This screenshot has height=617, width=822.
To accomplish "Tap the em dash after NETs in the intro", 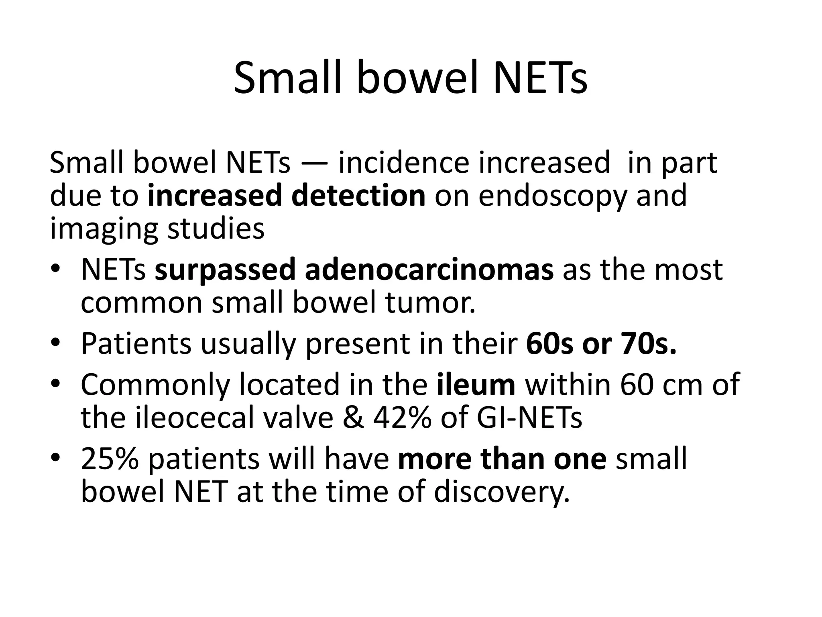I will (314, 164).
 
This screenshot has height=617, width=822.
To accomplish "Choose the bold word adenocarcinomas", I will (429, 270).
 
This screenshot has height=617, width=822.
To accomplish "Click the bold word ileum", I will (476, 384).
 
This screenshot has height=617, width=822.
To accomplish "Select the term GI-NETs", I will (529, 418).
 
